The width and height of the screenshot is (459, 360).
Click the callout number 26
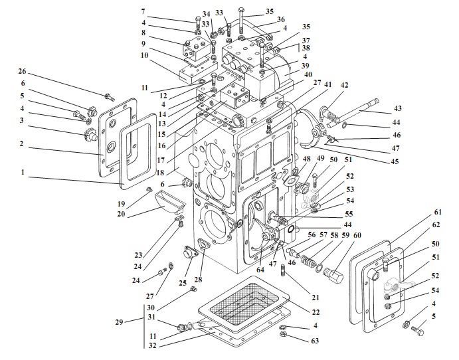pyautogui.click(x=23, y=72)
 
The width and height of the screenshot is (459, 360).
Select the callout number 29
pyautogui.click(x=120, y=322)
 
